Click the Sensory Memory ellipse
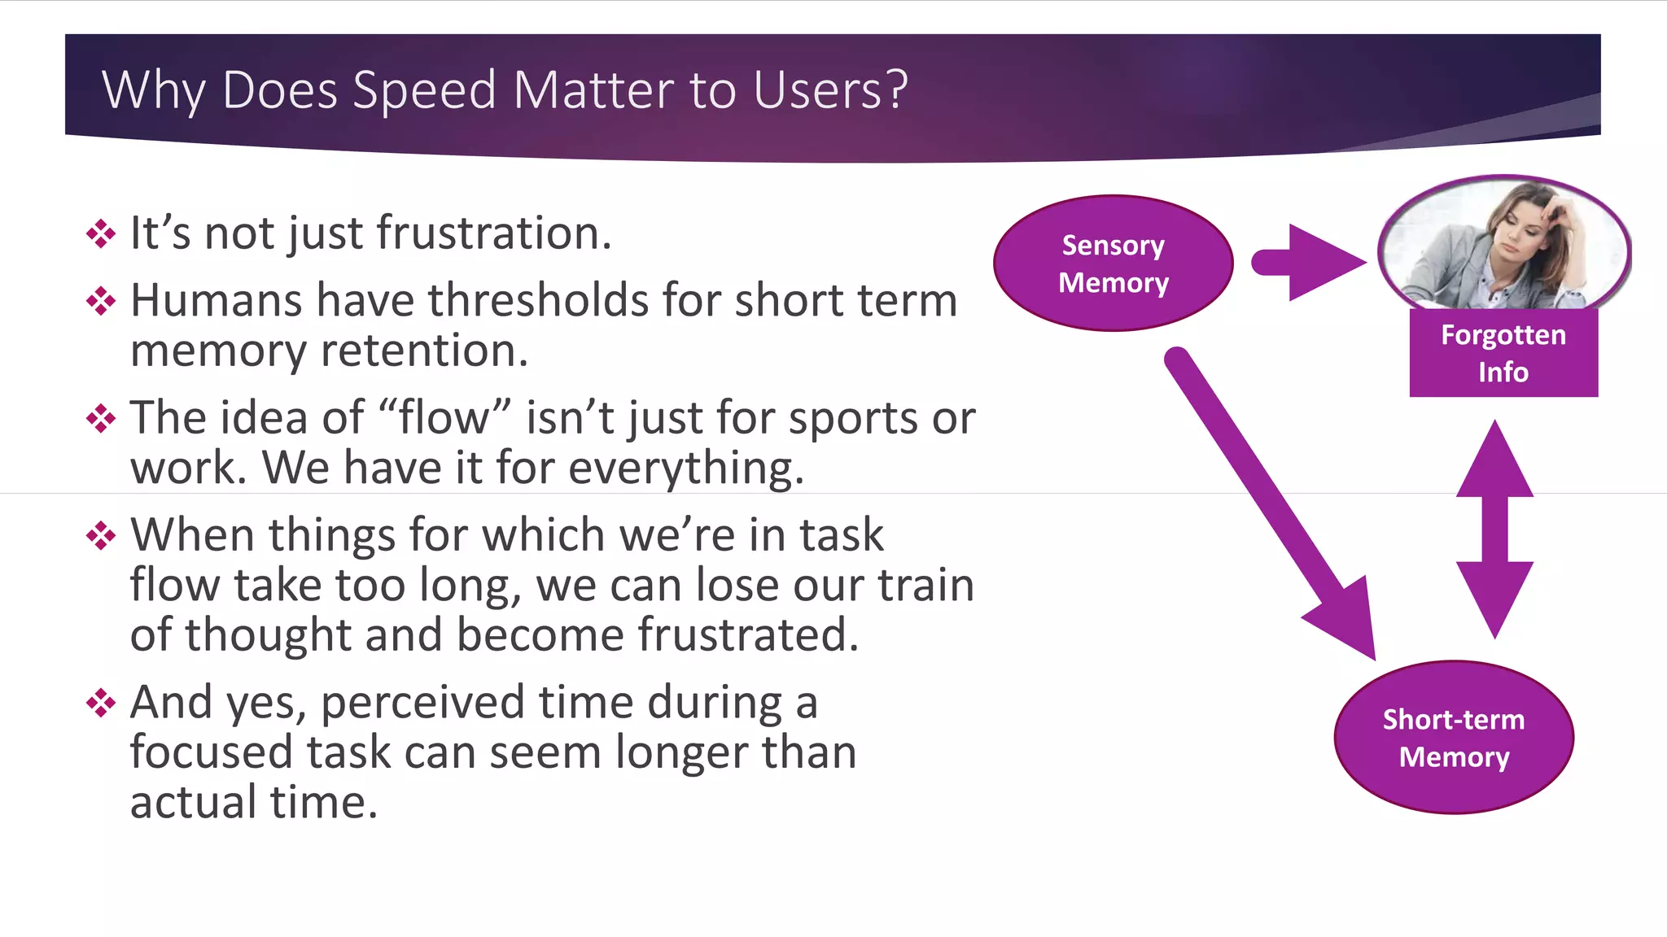tap(1113, 263)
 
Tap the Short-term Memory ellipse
tap(1454, 737)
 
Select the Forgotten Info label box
tap(1503, 353)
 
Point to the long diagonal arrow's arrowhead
tap(1347, 618)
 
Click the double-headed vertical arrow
tap(1494, 529)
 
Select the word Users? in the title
tap(830, 89)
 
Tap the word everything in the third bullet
tap(685, 468)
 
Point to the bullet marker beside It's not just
tap(101, 233)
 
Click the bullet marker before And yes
tap(101, 703)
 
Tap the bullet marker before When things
tap(101, 536)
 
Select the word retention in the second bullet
tap(424, 351)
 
